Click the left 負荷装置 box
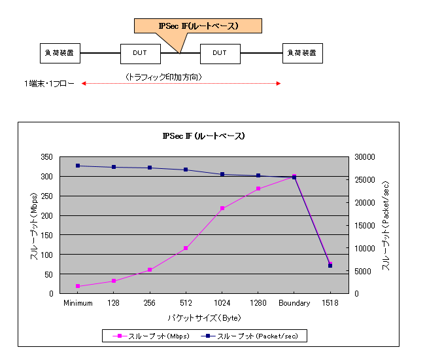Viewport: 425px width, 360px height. [60, 52]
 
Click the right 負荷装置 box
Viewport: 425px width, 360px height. [303, 52]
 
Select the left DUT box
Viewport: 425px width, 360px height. [140, 52]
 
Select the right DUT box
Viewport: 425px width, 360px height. [220, 52]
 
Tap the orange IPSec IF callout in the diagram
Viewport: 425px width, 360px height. [197, 26]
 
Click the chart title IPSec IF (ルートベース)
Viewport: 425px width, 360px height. [203, 136]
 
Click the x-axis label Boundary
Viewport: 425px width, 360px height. [294, 303]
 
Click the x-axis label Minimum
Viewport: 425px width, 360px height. [78, 303]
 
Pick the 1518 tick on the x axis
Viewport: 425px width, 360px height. [330, 303]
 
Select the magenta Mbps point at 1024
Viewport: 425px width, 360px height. [222, 208]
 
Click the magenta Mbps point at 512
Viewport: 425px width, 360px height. [186, 248]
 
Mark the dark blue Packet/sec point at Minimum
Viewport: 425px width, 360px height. [78, 166]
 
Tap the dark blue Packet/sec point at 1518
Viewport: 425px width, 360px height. [330, 266]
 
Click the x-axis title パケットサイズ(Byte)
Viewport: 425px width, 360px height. [203, 317]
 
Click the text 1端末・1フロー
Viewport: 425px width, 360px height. [50, 84]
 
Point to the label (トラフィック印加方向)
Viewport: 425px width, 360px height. [163, 77]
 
